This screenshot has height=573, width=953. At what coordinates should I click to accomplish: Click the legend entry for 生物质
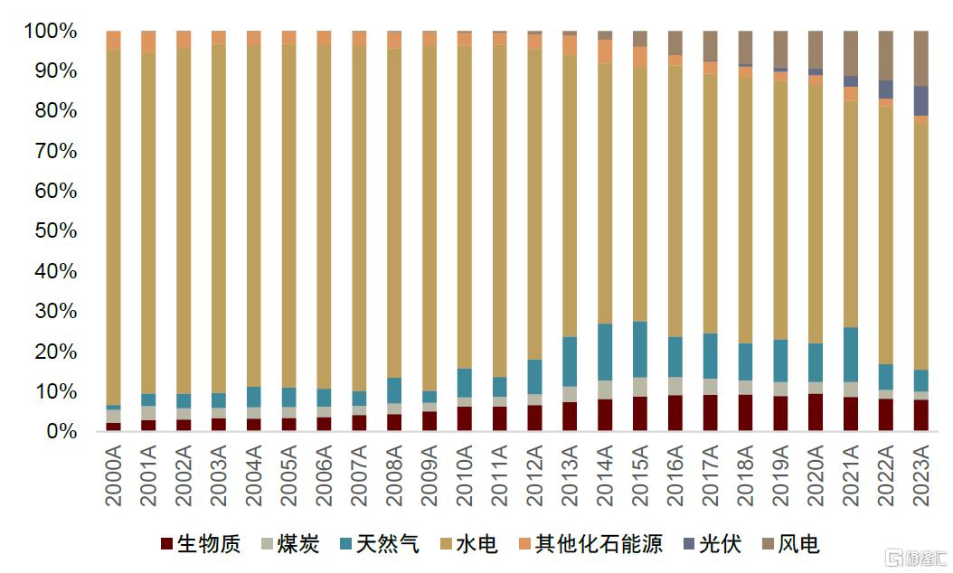[x=201, y=543]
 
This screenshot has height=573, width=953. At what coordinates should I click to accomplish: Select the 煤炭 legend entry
[x=290, y=543]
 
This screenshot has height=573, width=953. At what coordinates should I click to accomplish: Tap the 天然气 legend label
[x=379, y=543]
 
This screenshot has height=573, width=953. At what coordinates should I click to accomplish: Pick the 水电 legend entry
[x=468, y=543]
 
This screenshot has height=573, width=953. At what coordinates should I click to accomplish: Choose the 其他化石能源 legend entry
[x=590, y=543]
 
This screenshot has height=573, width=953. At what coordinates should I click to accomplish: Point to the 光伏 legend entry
[x=712, y=543]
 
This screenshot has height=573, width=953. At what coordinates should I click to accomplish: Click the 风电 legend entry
[x=791, y=543]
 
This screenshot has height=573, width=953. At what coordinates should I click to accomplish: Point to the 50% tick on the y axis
[x=56, y=230]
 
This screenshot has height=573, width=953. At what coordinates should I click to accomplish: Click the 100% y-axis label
[x=51, y=31]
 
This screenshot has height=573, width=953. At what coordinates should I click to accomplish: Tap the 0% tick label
[x=62, y=431]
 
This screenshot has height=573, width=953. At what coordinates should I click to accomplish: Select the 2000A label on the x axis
[x=114, y=475]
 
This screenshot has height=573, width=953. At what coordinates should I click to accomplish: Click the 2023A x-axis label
[x=921, y=475]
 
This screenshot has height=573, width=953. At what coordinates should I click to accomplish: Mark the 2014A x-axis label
[x=606, y=475]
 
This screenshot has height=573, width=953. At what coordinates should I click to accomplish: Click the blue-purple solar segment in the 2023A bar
[x=921, y=101]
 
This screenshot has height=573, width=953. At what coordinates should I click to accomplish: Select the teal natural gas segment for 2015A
[x=640, y=350]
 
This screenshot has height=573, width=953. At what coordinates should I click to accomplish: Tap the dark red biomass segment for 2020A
[x=816, y=412]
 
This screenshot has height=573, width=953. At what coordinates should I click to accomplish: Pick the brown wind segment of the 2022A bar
[x=886, y=55]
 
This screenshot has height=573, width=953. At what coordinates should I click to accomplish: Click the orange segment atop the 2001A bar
[x=148, y=42]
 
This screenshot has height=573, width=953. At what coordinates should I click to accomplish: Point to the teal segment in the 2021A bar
[x=851, y=355]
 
